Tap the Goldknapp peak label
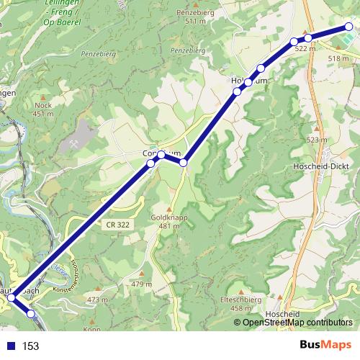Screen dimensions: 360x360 pyautogui.click(x=169, y=217)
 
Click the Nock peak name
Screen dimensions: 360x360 pyautogui.click(x=43, y=105)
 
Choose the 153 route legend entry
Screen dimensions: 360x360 pyautogui.click(x=30, y=346)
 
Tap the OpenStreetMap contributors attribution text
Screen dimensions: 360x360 pyautogui.click(x=297, y=323)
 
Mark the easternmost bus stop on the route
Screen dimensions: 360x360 pyautogui.click(x=349, y=27)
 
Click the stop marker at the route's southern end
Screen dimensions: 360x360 pyautogui.click(x=31, y=313)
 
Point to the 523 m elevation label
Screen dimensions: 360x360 pyautogui.click(x=316, y=140)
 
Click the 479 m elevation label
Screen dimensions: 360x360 pyautogui.click(x=141, y=284)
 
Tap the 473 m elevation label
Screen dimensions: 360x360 pyautogui.click(x=96, y=299)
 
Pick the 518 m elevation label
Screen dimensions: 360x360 pyautogui.click(x=338, y=58)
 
